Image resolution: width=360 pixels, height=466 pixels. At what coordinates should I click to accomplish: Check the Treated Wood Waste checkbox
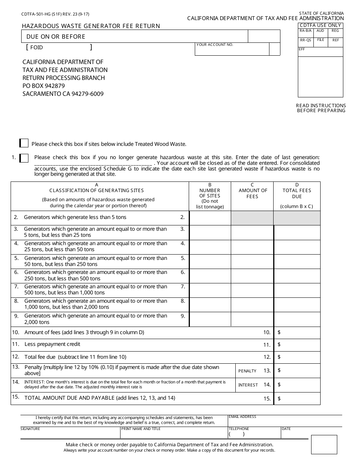(x=24, y=143)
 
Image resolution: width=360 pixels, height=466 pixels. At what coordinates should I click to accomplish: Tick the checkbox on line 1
(x=24, y=158)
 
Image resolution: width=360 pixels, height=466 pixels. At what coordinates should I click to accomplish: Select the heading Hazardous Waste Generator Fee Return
(x=91, y=26)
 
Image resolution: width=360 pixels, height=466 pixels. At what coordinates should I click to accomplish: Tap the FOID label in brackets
(x=37, y=47)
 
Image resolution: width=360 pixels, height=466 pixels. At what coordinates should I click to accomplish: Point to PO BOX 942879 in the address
(x=44, y=86)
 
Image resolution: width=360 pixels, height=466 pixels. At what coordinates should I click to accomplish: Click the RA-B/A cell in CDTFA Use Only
(x=305, y=31)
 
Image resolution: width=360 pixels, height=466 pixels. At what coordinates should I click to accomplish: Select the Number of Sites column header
(x=210, y=196)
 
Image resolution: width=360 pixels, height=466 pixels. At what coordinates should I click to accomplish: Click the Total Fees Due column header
(x=297, y=194)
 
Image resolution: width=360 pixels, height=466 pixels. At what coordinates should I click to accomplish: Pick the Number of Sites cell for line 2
(x=210, y=218)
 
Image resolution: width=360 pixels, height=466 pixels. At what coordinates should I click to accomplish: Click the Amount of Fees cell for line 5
(x=252, y=261)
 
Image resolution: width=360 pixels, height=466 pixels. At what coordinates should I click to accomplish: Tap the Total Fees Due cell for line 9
(x=297, y=319)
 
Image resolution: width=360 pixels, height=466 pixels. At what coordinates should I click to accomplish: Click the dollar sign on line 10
(x=279, y=332)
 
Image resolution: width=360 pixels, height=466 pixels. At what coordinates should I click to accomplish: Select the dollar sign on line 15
(x=279, y=399)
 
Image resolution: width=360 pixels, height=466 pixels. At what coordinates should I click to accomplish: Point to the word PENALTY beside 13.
(x=247, y=371)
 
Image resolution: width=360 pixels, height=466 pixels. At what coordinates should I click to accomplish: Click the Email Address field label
(x=243, y=417)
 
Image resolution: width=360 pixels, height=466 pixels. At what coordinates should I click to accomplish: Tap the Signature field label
(x=30, y=429)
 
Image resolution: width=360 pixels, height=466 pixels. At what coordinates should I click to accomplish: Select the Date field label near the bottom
(x=286, y=429)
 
